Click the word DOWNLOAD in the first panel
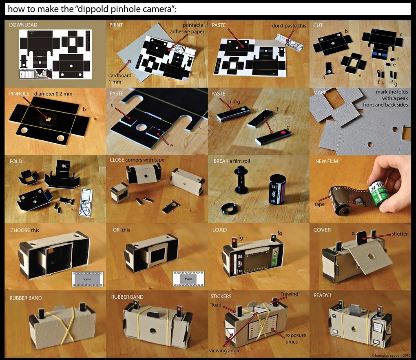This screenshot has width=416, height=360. [x=23, y=25]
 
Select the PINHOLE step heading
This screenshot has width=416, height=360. [x=19, y=93]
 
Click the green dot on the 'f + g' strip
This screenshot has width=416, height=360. [x=242, y=109]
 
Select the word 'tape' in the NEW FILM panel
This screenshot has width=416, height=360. [x=320, y=204]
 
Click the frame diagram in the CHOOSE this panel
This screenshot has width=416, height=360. [x=87, y=278]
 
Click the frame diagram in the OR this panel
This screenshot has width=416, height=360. [x=188, y=278]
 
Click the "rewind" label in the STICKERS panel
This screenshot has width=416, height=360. [x=290, y=294]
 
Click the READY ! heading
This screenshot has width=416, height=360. [x=322, y=295]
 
